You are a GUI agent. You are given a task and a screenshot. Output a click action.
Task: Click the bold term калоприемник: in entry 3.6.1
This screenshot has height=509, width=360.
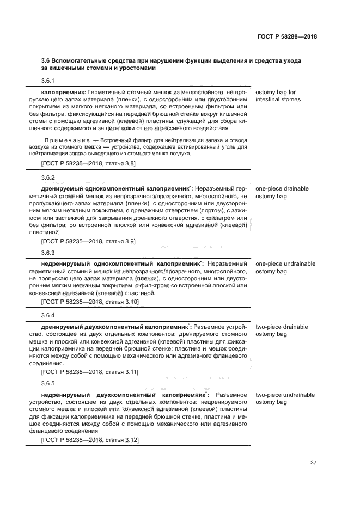click(64, 93)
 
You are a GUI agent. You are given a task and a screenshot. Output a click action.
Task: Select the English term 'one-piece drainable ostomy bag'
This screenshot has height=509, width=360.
click(282, 192)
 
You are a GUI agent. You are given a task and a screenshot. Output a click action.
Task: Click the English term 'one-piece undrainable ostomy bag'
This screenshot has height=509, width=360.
click(285, 267)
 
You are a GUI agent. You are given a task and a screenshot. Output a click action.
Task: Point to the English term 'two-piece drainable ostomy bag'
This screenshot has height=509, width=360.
click(282, 330)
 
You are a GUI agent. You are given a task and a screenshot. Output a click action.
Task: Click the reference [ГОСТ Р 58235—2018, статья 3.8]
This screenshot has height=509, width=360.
click(88, 163)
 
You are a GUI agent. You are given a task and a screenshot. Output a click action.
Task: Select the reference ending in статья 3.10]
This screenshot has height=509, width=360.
click(90, 301)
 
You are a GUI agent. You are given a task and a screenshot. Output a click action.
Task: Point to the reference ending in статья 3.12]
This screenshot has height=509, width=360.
click(90, 439)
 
